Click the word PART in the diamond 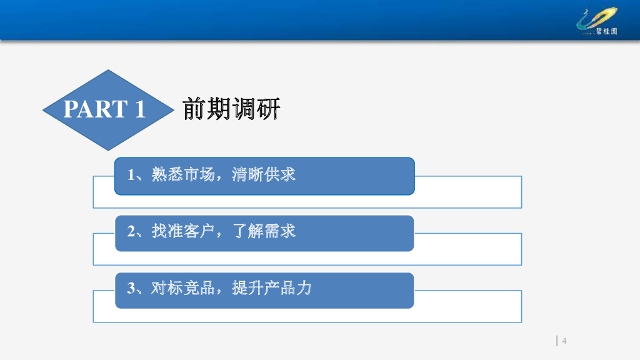click(96, 109)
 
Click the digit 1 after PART click(141, 109)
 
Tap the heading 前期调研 click(231, 109)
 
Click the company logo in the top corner click(597, 21)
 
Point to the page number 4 click(564, 341)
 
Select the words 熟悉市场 click(183, 174)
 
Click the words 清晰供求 click(264, 174)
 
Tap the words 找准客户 click(183, 231)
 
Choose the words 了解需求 click(264, 231)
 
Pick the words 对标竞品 click(183, 288)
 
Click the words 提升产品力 click(272, 288)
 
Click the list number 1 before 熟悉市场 click(131, 175)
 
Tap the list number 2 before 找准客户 click(131, 231)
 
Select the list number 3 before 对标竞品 click(131, 289)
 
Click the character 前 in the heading click(194, 109)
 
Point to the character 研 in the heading click(268, 109)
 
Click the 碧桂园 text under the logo click(606, 31)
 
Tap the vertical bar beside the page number click(557, 341)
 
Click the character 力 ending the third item click(304, 288)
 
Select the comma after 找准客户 click(219, 235)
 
